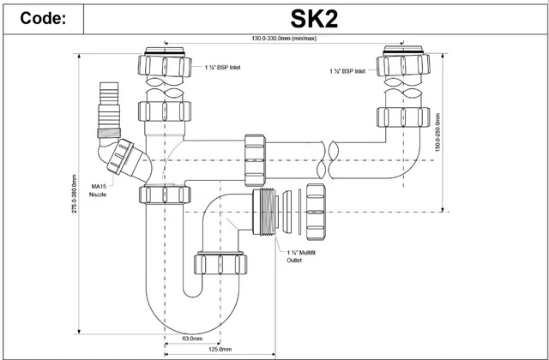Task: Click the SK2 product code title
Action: [313, 18]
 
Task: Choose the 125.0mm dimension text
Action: [220, 349]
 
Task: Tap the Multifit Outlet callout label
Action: [299, 256]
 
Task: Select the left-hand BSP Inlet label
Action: [222, 66]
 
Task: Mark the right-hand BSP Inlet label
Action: [350, 71]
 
